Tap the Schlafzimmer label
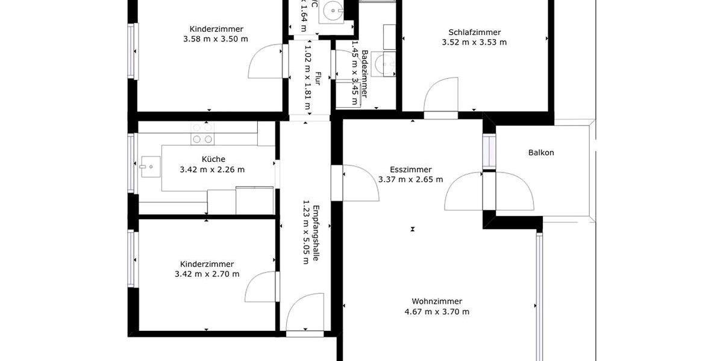tap(474, 32)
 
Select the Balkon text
tap(540, 153)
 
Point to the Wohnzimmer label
tap(437, 301)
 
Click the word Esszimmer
tap(410, 170)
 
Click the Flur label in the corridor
tap(318, 79)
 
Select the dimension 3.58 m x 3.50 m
tap(215, 39)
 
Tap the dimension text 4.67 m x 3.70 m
tap(437, 312)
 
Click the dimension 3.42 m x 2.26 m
tap(212, 170)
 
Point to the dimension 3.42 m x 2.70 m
tap(207, 274)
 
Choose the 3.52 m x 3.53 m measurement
tap(474, 42)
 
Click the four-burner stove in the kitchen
tap(202, 134)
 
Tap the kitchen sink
tap(148, 164)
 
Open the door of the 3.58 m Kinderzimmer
tap(265, 61)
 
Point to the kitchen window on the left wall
tap(132, 163)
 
